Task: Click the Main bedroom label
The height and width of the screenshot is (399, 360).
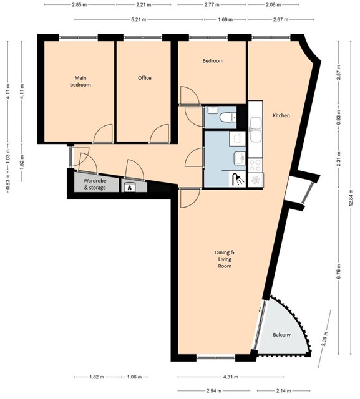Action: click(x=80, y=81)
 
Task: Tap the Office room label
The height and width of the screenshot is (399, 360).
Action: click(x=144, y=78)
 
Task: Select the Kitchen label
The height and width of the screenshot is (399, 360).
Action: click(x=281, y=115)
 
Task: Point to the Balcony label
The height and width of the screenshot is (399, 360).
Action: click(x=281, y=335)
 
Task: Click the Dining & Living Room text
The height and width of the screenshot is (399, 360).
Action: click(x=225, y=259)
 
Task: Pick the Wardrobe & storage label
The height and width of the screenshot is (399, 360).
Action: click(x=95, y=185)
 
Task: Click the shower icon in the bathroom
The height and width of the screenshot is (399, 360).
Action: click(x=238, y=180)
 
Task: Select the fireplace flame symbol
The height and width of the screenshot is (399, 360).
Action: click(x=130, y=188)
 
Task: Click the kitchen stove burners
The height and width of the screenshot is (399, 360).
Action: click(x=255, y=165)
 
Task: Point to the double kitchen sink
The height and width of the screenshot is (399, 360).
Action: click(x=255, y=130)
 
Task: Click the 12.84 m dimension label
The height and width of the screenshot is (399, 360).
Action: click(x=351, y=198)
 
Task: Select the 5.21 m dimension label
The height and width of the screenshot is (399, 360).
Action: click(x=139, y=19)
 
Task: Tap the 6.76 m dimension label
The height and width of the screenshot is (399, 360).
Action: click(x=338, y=272)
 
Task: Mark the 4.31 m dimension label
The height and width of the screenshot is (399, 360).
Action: click(x=231, y=377)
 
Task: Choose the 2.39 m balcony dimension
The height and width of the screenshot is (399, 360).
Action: click(x=324, y=339)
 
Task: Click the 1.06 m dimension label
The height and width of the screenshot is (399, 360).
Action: click(x=134, y=377)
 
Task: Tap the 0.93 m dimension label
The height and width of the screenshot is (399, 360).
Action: click(x=338, y=118)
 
